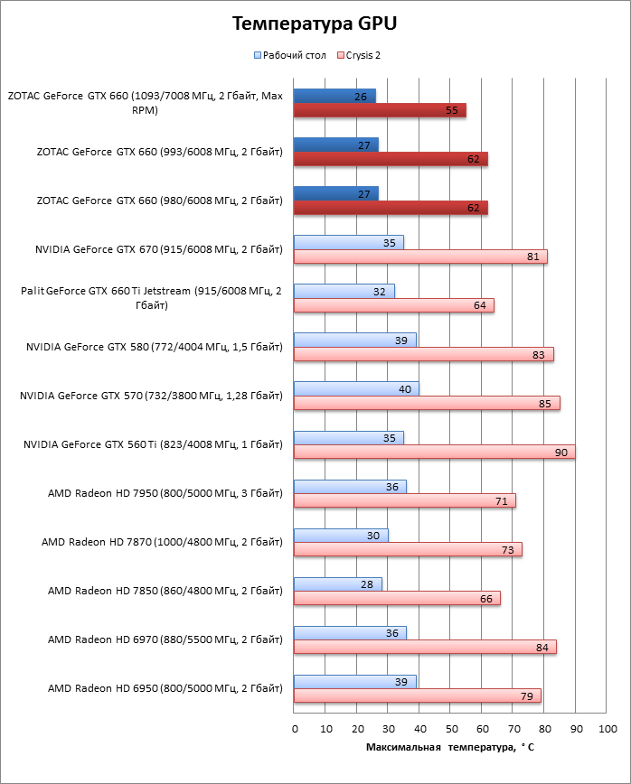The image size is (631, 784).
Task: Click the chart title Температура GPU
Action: pos(315,23)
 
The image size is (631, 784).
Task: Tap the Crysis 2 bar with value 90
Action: pos(434,452)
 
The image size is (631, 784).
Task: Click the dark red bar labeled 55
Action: pos(380,110)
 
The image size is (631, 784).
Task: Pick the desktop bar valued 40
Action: pos(356,388)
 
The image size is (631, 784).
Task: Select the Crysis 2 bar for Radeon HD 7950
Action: pos(405,500)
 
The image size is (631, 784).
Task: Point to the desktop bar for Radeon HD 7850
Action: pos(338,584)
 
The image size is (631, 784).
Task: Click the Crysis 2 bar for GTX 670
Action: pos(420,257)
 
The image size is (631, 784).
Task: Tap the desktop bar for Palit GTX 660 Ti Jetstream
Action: pos(344,291)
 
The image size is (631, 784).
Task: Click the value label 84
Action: pos(544,647)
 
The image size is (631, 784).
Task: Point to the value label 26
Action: pos(361,96)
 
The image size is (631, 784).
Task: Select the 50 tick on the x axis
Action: pos(450,728)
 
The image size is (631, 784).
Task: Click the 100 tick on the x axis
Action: pos(607,728)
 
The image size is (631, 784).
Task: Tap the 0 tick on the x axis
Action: pos(295,728)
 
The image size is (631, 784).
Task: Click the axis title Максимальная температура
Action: pos(450,748)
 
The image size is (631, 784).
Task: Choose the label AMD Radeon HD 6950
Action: pos(165,688)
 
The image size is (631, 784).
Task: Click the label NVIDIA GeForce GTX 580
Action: pos(154,346)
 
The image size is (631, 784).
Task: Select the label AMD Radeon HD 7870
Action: pos(162,542)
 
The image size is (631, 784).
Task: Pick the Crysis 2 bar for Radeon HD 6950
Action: pos(418,695)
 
